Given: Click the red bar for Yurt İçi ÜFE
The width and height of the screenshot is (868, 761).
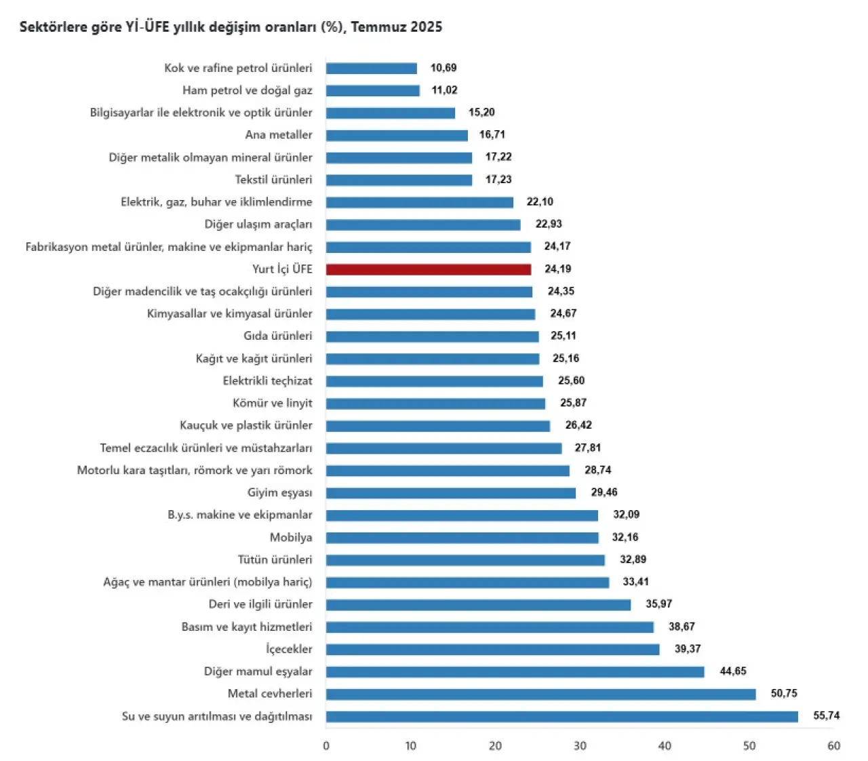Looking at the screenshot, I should click(429, 269).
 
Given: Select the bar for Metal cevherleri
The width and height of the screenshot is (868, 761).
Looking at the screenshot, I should click(540, 694).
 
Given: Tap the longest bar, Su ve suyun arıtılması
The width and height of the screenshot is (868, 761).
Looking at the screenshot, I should click(561, 716).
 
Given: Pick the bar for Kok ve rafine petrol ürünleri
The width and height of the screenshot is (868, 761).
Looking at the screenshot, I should click(371, 69).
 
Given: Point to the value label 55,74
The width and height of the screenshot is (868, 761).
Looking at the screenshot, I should click(826, 716).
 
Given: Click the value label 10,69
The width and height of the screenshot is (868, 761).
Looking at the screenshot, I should click(443, 68).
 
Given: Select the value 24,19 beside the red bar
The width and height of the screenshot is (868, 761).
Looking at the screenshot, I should click(557, 269).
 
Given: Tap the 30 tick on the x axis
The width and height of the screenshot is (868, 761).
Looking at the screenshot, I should click(580, 746).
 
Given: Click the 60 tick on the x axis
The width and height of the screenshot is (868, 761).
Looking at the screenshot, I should click(833, 746).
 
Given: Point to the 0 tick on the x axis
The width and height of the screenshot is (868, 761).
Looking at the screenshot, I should click(326, 746).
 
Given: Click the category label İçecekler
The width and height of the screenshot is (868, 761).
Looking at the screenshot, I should click(289, 649).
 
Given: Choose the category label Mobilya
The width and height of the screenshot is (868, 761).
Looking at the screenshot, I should click(291, 537).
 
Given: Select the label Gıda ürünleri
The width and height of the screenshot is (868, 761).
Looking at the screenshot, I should click(278, 336).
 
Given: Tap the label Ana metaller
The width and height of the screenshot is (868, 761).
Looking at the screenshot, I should click(279, 135).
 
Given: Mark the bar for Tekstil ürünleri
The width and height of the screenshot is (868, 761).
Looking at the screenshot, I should click(399, 180).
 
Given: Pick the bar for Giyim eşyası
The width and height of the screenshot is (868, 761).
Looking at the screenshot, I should click(450, 493).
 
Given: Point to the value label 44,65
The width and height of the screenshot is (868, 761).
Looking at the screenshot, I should click(733, 671).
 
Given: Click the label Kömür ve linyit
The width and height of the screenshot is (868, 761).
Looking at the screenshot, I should click(273, 403).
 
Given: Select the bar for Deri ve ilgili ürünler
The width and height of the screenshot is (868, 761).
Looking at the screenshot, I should click(478, 604).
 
